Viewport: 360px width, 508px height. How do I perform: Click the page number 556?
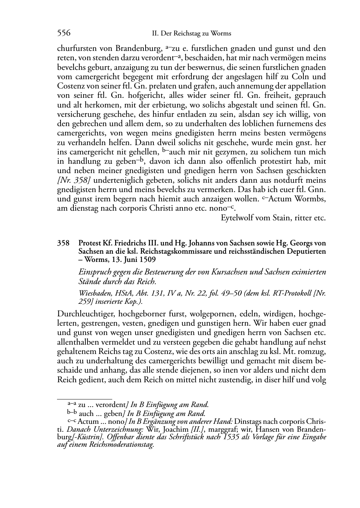point(63,33)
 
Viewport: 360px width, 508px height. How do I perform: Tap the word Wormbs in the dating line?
point(309,198)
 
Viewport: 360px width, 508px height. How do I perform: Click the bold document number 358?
point(63,243)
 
